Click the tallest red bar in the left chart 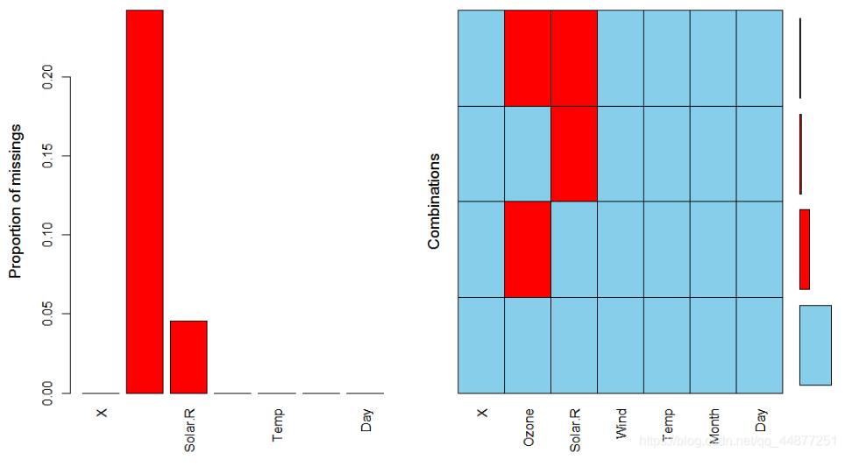point(145,202)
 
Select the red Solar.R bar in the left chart point(188,357)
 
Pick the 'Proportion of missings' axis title point(15,201)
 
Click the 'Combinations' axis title point(434,201)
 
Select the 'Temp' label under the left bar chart point(278,424)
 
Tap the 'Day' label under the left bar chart point(366,421)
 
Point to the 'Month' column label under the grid point(714,426)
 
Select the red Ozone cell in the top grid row point(528,58)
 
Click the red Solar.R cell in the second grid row point(574,153)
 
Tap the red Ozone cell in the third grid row point(528,249)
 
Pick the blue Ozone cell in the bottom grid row point(528,345)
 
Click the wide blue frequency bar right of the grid point(815,345)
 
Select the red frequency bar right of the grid point(805,249)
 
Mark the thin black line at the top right point(800,58)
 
